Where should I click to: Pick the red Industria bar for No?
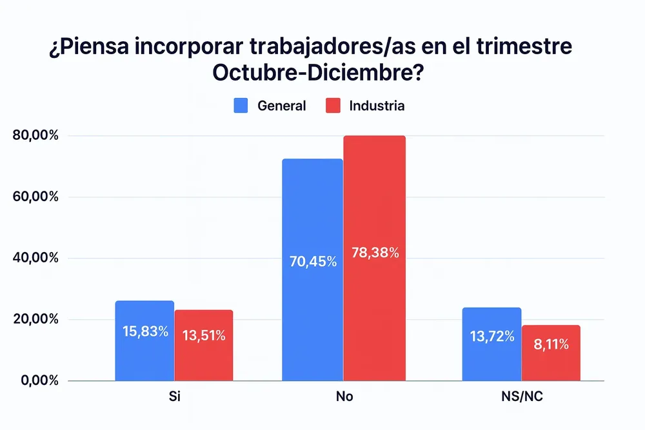pyautogui.click(x=375, y=258)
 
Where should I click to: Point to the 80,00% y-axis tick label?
pyautogui.click(x=35, y=136)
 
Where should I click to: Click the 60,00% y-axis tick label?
pyautogui.click(x=35, y=197)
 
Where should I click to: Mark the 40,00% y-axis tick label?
pyautogui.click(x=35, y=259)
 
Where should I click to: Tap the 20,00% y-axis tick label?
pyautogui.click(x=35, y=320)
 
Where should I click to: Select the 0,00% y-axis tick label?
pyautogui.click(x=39, y=381)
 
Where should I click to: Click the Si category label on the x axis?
pyautogui.click(x=174, y=396)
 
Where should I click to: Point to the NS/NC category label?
pyautogui.click(x=522, y=396)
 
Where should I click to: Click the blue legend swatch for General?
pyautogui.click(x=241, y=106)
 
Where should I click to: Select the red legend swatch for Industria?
pyautogui.click(x=333, y=106)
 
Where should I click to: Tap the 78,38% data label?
pyautogui.click(x=375, y=253)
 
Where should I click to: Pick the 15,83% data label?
pyautogui.click(x=145, y=331)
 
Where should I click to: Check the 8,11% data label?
pyautogui.click(x=551, y=345)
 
